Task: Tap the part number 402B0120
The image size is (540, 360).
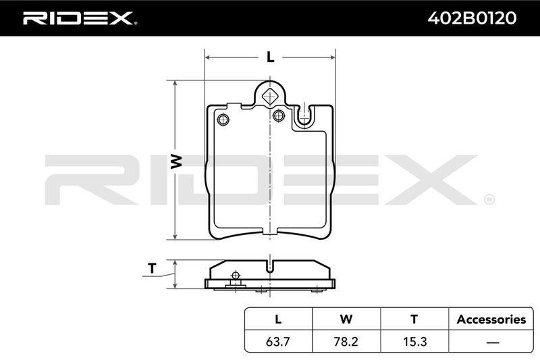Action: pos(472,18)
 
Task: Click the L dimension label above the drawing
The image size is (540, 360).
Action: pos(271,57)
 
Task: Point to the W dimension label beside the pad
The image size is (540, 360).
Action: pos(176,161)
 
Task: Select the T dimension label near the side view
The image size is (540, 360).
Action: pos(152,268)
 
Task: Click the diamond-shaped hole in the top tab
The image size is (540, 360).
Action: pos(270,96)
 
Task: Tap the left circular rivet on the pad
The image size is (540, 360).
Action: pos(223,120)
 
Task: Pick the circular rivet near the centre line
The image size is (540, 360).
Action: pos(279,115)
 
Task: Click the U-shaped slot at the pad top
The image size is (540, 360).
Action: pos(303,116)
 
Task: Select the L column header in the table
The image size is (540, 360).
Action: pos(278,319)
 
